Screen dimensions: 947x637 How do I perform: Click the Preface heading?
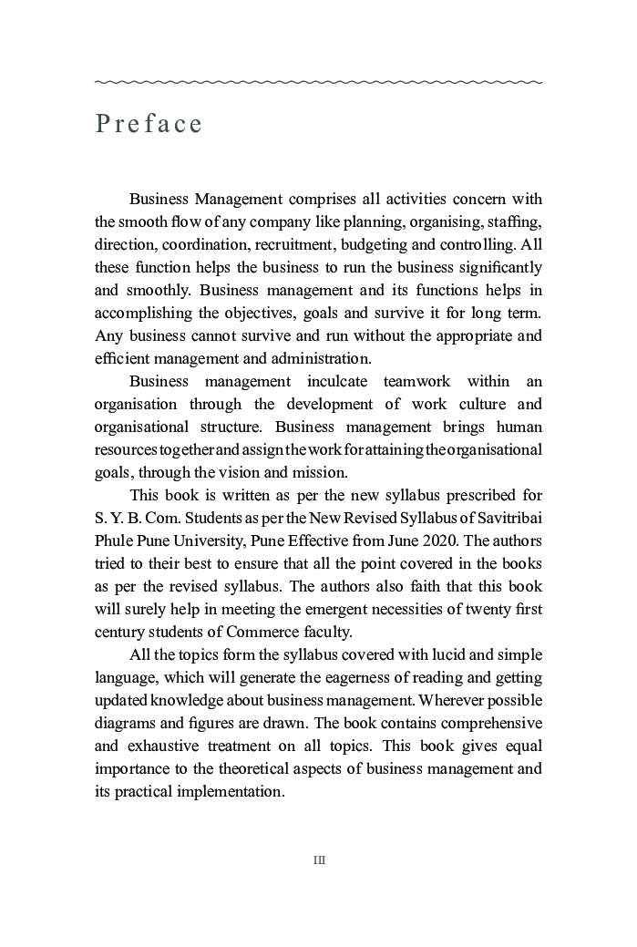149,124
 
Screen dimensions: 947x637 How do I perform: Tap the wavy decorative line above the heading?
318,82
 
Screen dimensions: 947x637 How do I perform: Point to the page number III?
319,860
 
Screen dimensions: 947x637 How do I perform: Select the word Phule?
114,540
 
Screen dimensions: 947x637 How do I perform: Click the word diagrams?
124,723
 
